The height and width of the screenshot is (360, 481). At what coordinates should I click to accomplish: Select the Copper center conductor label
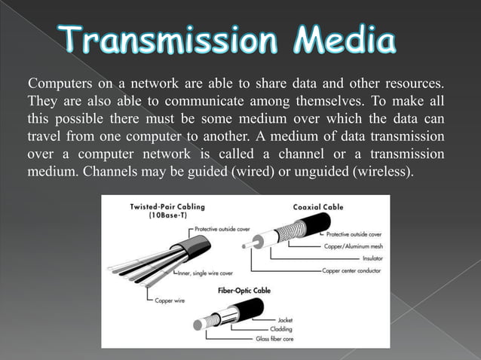352,270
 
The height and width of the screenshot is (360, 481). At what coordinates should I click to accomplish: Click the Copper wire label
170,301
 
